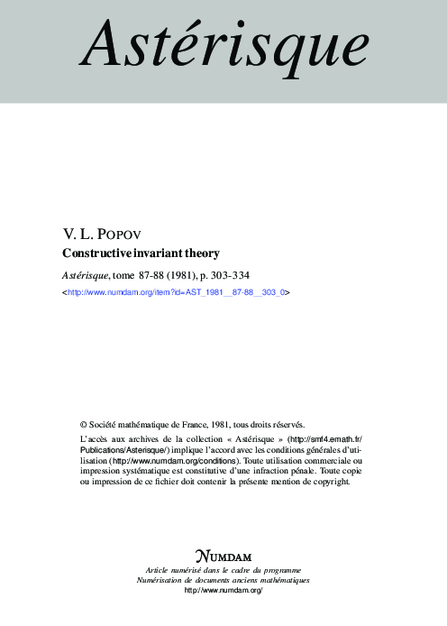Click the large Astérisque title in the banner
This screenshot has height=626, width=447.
pos(223,46)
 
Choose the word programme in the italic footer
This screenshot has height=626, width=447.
pos(282,569)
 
